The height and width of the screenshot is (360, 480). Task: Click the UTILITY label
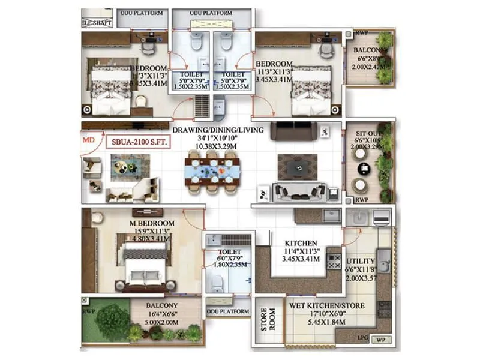[361, 262]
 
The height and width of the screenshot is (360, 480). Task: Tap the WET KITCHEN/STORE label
[326, 305]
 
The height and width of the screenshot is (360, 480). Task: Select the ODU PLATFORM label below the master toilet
[227, 312]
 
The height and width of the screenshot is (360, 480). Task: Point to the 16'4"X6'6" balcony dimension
[163, 313]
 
